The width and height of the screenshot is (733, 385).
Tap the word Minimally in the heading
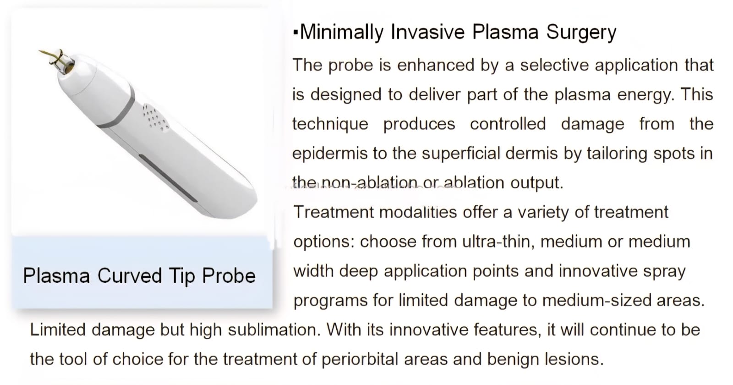click(x=342, y=33)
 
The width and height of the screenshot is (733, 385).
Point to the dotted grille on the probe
click(x=155, y=118)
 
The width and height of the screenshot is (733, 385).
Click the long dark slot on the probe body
click(x=168, y=178)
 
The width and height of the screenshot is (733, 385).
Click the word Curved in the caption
click(x=130, y=275)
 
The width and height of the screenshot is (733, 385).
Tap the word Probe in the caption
click(x=229, y=276)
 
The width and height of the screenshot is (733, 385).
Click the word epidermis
click(x=330, y=154)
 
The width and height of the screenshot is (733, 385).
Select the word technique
click(x=330, y=124)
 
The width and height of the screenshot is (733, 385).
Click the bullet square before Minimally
click(x=296, y=33)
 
